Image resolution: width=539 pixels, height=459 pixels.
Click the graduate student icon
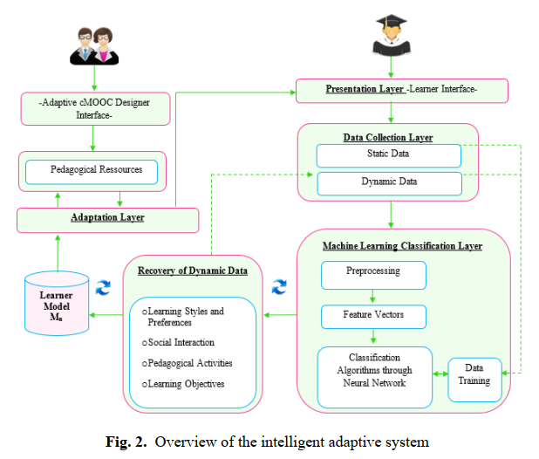tap(392, 35)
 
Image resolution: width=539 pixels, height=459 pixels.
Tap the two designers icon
tap(94, 46)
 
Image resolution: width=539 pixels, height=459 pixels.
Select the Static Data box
tap(389, 155)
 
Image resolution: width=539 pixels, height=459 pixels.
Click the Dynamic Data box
tap(389, 183)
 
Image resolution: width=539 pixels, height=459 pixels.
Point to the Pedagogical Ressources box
tap(92, 172)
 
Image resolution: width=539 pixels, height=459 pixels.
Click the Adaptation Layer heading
tap(107, 217)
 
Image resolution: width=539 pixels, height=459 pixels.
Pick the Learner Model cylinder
tap(57, 304)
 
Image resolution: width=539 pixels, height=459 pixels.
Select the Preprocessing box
tap(373, 275)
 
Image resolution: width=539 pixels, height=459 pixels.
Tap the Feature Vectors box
tap(373, 317)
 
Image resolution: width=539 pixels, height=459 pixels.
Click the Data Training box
tap(474, 380)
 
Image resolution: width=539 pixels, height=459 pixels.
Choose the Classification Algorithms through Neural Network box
tap(375, 377)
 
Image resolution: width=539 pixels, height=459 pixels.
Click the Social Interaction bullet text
tap(178, 342)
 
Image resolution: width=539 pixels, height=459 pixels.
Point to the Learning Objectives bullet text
tap(183, 384)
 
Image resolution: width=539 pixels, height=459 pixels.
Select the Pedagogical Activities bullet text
tap(187, 363)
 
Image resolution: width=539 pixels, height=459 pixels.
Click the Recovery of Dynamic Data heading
tap(193, 271)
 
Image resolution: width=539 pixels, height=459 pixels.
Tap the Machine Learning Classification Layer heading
tap(402, 246)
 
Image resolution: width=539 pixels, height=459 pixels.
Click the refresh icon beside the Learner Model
tap(103, 287)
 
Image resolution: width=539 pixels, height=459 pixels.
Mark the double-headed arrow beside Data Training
tap(440, 373)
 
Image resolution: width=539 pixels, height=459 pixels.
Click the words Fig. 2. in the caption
tap(126, 442)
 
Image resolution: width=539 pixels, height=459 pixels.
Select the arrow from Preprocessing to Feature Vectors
tap(372, 297)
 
